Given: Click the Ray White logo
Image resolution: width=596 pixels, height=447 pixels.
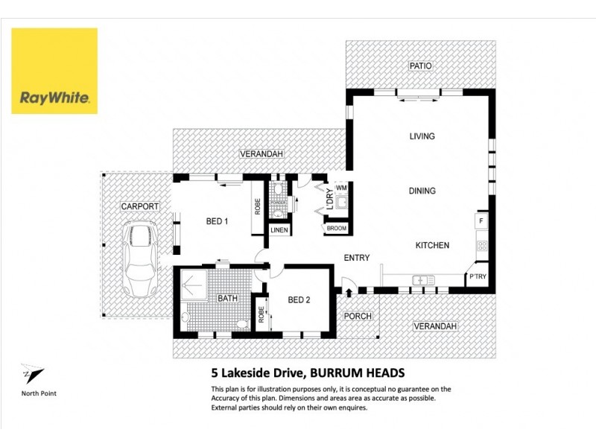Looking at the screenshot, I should [x=54, y=71].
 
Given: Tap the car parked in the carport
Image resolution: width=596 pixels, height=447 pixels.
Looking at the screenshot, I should [x=139, y=256].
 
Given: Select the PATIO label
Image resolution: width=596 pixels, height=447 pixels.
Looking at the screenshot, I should [x=421, y=66].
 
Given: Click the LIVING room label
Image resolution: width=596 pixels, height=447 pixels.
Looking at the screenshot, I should [x=422, y=136].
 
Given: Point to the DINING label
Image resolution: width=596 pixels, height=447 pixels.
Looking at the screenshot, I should [x=422, y=191].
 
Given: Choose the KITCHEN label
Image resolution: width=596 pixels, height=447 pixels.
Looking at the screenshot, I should [x=432, y=245].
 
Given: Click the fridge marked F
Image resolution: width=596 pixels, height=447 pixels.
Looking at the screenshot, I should [x=481, y=221].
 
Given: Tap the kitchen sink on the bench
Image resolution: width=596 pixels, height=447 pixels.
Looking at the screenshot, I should [x=423, y=280].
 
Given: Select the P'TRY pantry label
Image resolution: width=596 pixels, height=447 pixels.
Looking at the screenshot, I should [x=477, y=277].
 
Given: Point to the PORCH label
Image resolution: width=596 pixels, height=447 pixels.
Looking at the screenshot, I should [x=358, y=316].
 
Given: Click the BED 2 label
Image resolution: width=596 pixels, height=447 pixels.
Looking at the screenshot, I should [x=299, y=300].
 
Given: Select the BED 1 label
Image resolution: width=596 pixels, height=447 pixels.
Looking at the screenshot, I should [x=217, y=221].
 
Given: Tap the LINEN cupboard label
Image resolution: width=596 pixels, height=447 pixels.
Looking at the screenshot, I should [x=279, y=230].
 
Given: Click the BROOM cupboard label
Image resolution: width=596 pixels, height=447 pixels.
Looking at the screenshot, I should [x=337, y=228].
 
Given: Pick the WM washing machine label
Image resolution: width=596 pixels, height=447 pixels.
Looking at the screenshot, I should [x=340, y=188].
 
